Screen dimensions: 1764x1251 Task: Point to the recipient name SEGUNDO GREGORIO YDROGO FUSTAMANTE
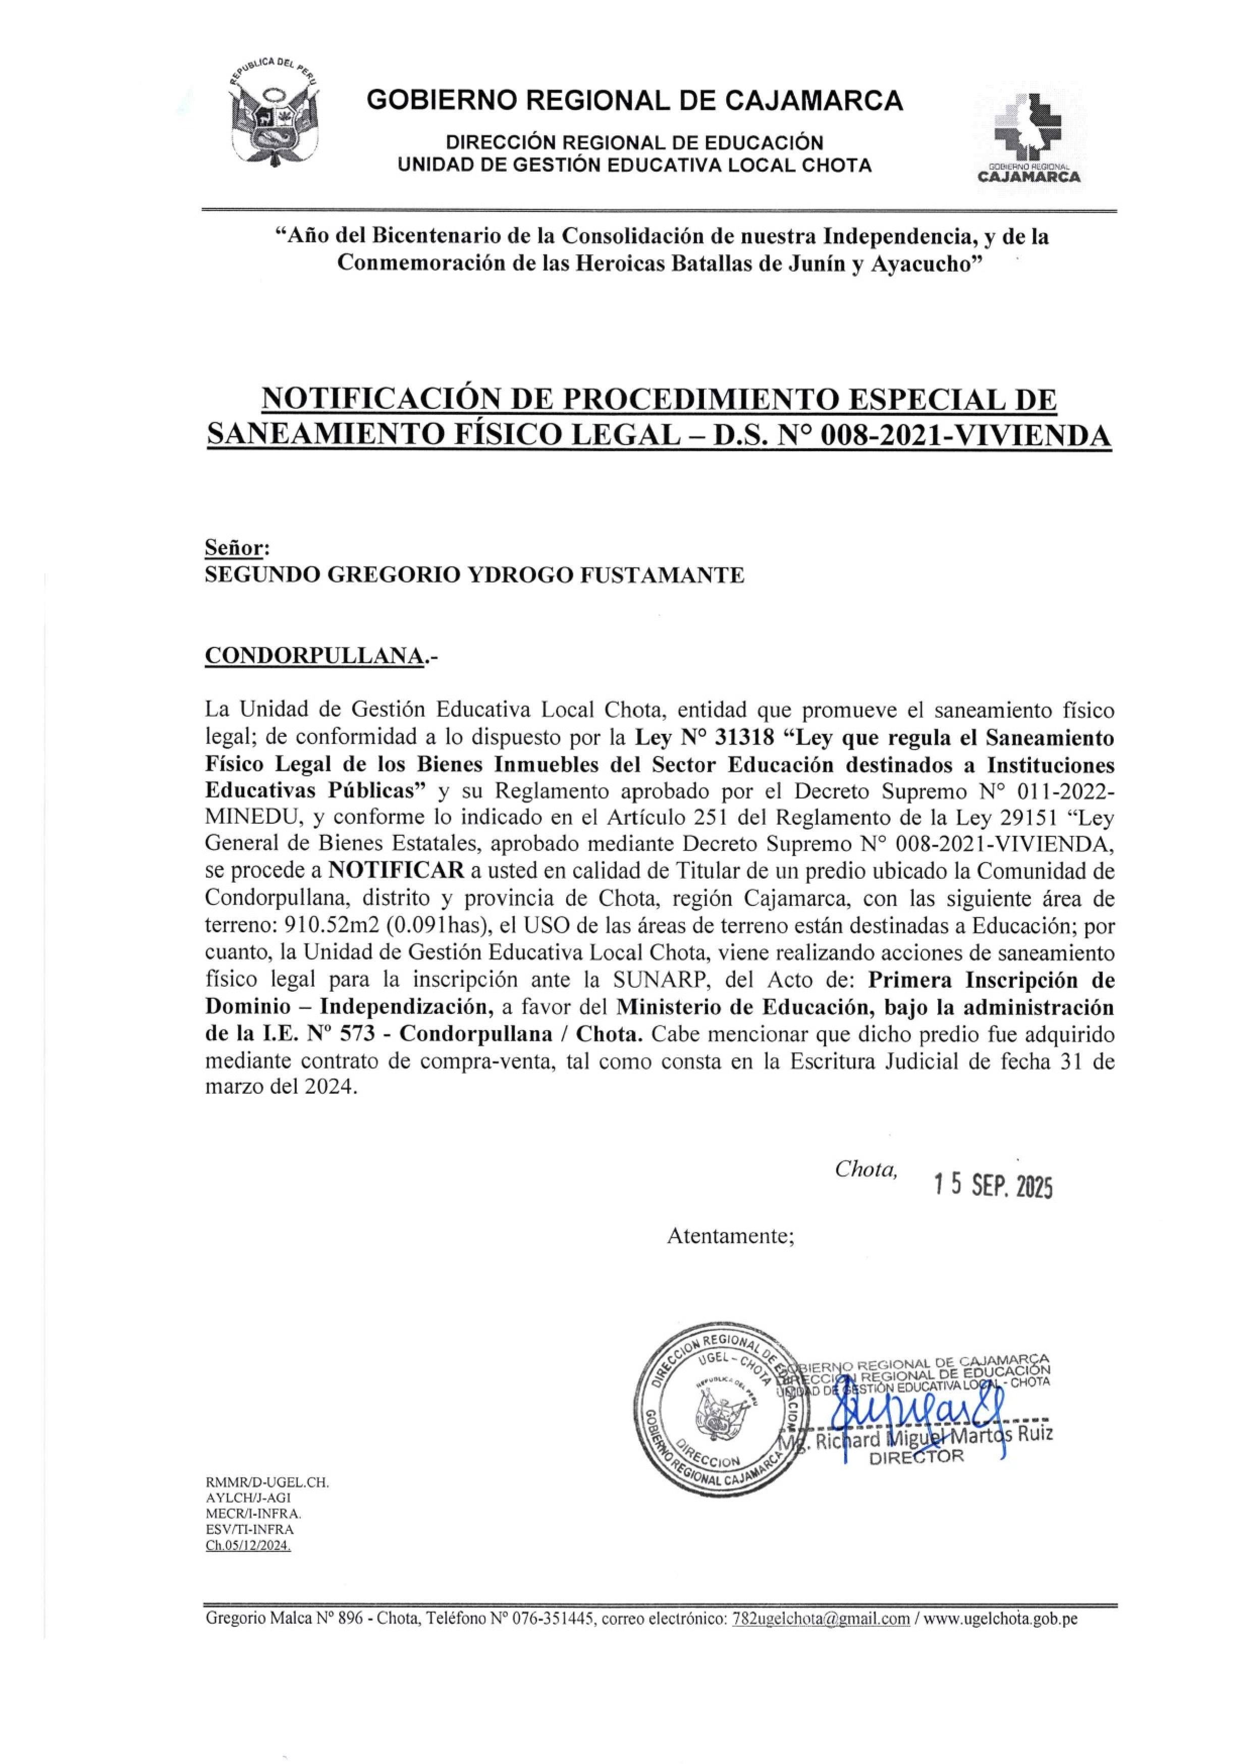point(474,575)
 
